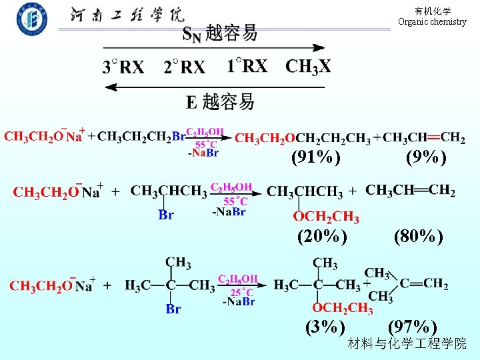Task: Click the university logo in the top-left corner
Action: [31, 20]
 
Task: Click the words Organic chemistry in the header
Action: [432, 22]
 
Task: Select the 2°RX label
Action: [184, 67]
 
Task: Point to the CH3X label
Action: [308, 66]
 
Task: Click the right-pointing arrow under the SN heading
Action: [213, 48]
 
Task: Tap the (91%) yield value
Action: [315, 157]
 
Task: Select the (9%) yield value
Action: [426, 157]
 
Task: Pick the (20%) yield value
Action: [322, 236]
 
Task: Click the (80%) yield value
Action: [419, 236]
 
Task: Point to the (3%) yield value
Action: [325, 327]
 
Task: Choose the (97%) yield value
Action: [413, 327]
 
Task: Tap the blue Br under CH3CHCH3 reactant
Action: [166, 215]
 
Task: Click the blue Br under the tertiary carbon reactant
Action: [173, 309]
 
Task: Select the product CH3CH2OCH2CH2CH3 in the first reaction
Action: [303, 139]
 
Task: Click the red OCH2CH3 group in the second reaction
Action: [327, 217]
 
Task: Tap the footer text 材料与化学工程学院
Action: [407, 344]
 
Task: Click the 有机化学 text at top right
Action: [433, 11]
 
